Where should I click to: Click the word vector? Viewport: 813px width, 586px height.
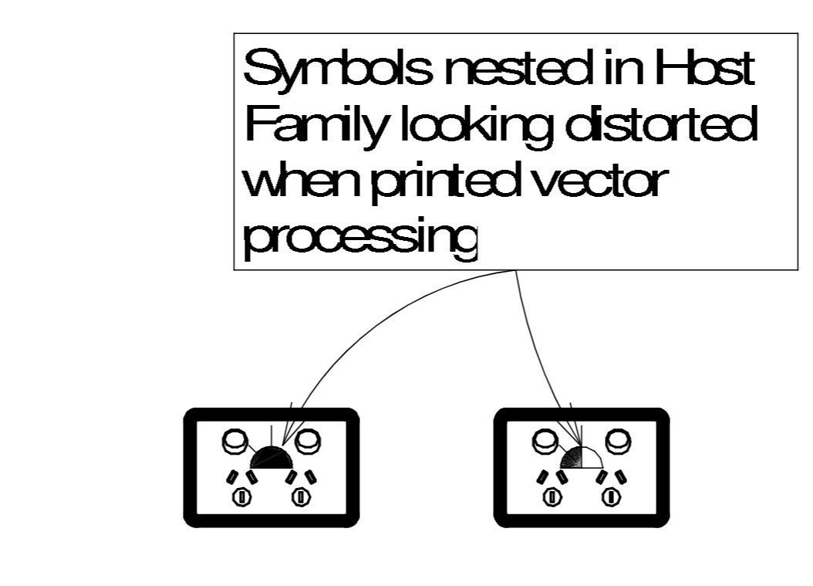pyautogui.click(x=602, y=184)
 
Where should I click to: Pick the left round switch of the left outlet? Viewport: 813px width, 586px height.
pyautogui.click(x=234, y=442)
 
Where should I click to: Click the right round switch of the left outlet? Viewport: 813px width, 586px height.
pyautogui.click(x=308, y=442)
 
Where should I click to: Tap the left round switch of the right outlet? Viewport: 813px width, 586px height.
pyautogui.click(x=544, y=441)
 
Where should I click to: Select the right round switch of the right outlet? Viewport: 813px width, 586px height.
pyautogui.click(x=617, y=441)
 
